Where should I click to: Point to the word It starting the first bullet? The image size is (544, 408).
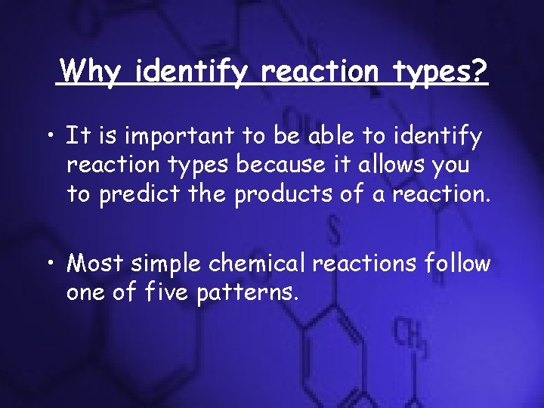[76, 137]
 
